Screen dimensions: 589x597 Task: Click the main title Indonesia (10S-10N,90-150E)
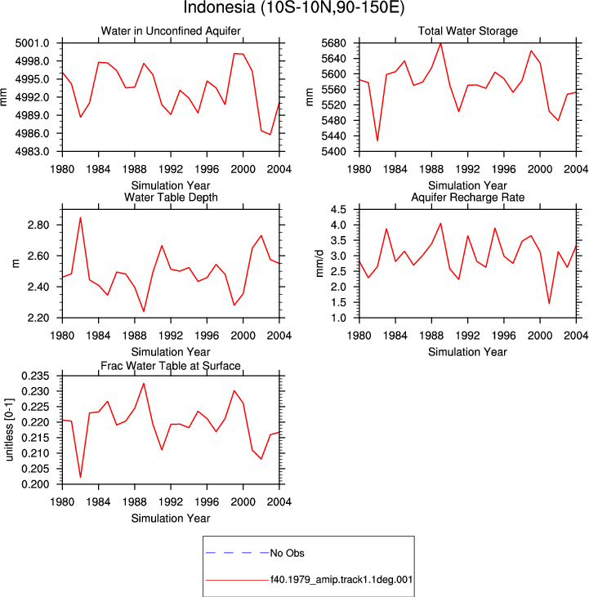(294, 7)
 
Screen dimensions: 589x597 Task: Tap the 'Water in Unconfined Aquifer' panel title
(171, 31)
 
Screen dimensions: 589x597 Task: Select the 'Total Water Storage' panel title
(467, 31)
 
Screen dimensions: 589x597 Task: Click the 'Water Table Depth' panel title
(171, 197)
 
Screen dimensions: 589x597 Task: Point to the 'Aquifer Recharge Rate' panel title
(467, 197)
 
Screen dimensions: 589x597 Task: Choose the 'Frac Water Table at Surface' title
(171, 366)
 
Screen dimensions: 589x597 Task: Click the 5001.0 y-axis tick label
(33, 43)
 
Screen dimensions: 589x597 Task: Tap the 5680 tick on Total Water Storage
(333, 43)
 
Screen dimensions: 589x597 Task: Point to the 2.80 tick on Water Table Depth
(38, 225)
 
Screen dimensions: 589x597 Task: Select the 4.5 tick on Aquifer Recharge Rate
(338, 209)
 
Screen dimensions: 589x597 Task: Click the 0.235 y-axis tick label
(35, 376)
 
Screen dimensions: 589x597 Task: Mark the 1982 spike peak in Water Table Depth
(80, 217)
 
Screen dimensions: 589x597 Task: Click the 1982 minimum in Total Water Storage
(377, 140)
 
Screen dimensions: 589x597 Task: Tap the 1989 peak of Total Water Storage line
(440, 43)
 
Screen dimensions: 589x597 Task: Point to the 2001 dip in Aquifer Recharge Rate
(549, 304)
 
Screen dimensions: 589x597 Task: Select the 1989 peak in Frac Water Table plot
(144, 383)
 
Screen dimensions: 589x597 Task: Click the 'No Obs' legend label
(287, 553)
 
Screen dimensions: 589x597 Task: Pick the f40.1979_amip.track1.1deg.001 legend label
(341, 580)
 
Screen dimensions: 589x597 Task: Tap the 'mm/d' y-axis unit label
(319, 264)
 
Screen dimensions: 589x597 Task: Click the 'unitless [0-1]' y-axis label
(9, 430)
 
